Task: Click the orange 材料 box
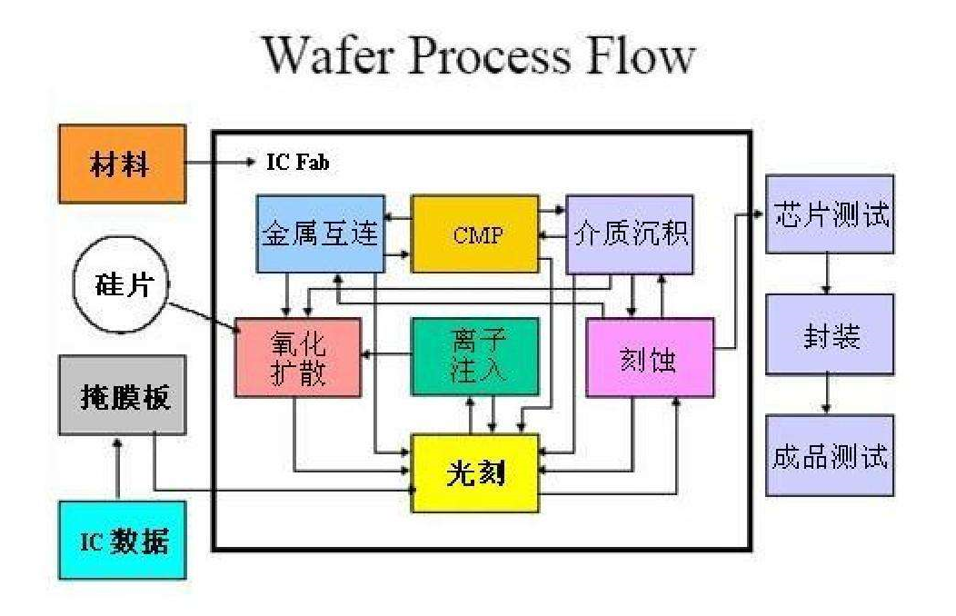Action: [122, 164]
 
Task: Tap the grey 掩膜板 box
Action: [122, 395]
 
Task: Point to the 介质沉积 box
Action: [630, 233]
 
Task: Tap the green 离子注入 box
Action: [473, 356]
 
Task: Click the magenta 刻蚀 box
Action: [649, 357]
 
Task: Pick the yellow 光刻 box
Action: [475, 472]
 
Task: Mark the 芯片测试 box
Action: [829, 214]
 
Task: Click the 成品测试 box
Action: [829, 454]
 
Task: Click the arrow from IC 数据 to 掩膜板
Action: [119, 467]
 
